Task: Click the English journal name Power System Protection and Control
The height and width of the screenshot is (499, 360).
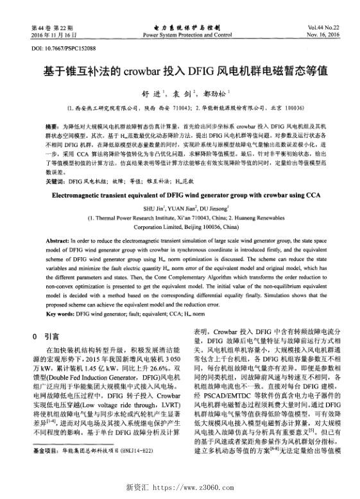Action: click(x=179, y=35)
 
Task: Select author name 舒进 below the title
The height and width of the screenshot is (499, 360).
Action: click(x=149, y=92)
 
